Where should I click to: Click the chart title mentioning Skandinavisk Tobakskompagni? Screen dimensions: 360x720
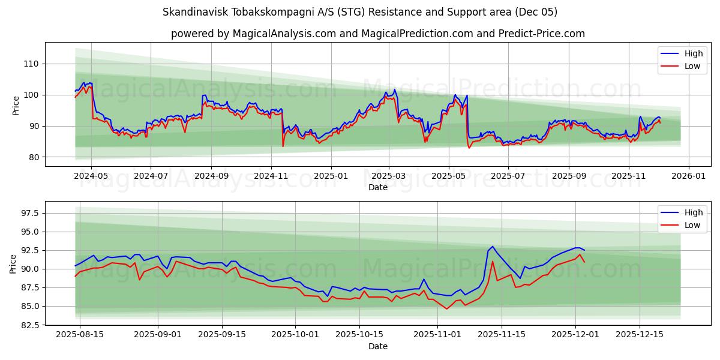click(359, 12)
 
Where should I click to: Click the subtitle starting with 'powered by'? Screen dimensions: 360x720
click(377, 34)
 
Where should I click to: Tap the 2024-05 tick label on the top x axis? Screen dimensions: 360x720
click(91, 176)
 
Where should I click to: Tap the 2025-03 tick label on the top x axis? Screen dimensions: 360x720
click(389, 176)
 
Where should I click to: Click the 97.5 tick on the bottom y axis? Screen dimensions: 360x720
click(28, 214)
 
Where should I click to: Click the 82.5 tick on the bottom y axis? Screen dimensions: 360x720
click(28, 325)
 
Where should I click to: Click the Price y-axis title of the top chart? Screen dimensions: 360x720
click(16, 104)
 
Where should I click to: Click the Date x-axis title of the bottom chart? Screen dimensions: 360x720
click(377, 346)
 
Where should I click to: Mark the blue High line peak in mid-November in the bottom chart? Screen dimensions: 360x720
click(493, 246)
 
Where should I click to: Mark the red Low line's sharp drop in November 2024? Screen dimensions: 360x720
click(283, 146)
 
